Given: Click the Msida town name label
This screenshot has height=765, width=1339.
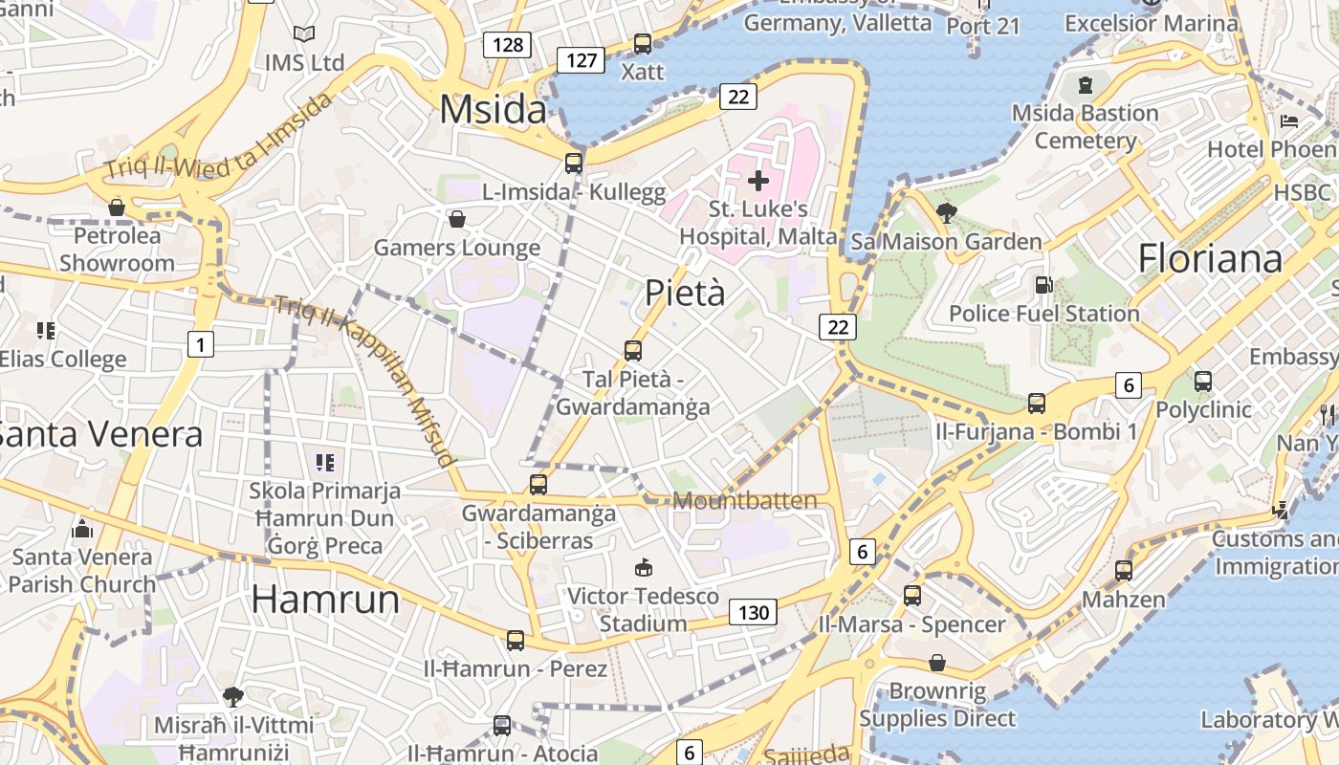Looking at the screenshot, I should pyautogui.click(x=493, y=110).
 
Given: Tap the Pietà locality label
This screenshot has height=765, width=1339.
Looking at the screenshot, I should pyautogui.click(x=685, y=293).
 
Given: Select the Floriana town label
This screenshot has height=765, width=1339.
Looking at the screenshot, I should pyautogui.click(x=1210, y=258).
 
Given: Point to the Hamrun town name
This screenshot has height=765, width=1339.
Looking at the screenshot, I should pyautogui.click(x=325, y=599).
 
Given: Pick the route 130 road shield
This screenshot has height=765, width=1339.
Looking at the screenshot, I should pyautogui.click(x=754, y=612).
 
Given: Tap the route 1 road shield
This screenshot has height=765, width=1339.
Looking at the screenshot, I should pyautogui.click(x=200, y=344).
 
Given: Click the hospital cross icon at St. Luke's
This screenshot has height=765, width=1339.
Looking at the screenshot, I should pyautogui.click(x=758, y=180).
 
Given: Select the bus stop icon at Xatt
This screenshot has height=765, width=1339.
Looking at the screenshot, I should pyautogui.click(x=643, y=44).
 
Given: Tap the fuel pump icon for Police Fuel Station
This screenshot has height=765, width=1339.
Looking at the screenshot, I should pyautogui.click(x=1043, y=285).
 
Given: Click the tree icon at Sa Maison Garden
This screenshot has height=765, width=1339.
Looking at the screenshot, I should pyautogui.click(x=947, y=212).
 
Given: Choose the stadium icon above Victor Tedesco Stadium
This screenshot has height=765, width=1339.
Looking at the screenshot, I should pyautogui.click(x=643, y=568).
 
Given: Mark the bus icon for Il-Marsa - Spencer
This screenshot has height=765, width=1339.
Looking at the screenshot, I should pyautogui.click(x=912, y=596).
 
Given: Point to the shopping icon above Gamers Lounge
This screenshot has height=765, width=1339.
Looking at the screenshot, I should pyautogui.click(x=457, y=219).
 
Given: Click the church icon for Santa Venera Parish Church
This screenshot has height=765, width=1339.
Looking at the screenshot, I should pyautogui.click(x=82, y=529).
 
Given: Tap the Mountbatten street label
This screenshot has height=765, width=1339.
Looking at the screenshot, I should pyautogui.click(x=745, y=501).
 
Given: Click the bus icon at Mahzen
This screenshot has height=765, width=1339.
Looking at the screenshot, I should pyautogui.click(x=1124, y=571).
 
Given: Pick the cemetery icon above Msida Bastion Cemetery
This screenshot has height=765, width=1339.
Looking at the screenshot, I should pyautogui.click(x=1085, y=86).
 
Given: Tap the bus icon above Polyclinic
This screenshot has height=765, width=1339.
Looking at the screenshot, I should pyautogui.click(x=1203, y=382).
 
